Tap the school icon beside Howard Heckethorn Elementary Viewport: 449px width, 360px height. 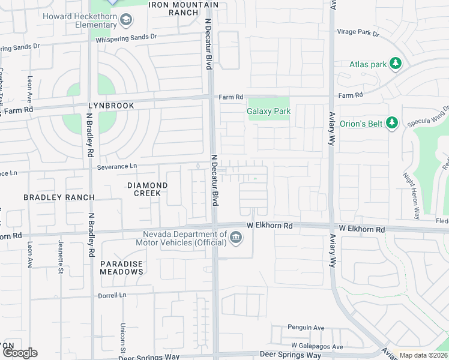coord(126,22)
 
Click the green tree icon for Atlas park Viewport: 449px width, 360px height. coord(395,64)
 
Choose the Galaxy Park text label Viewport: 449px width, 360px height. coord(268,111)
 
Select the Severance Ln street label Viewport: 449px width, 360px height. coord(117,166)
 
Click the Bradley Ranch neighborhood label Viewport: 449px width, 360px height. coord(59,197)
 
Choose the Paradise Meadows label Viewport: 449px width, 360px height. coord(122,268)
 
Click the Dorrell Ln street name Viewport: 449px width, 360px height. coord(113,295)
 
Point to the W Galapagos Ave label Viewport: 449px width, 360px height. coord(317,346)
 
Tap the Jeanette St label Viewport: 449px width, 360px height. coord(61,257)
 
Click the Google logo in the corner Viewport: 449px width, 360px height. coord(20,353)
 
